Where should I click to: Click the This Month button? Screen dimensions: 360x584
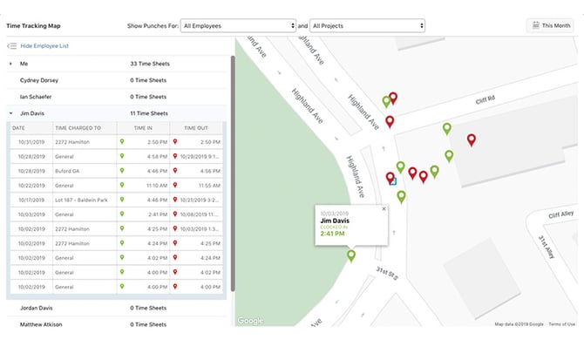pos(550,26)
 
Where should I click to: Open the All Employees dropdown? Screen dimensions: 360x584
pos(240,26)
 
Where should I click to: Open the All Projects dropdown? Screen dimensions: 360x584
pos(368,26)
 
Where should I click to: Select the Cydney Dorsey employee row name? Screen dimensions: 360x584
pos(40,79)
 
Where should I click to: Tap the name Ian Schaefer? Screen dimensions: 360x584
pos(37,96)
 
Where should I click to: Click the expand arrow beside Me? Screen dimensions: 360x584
pos(10,64)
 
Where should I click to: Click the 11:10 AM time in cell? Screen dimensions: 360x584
pos(155,186)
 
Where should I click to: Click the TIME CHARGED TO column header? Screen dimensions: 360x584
pos(85,127)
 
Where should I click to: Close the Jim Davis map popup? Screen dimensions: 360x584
pos(383,209)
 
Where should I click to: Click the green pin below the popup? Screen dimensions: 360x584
pos(351,256)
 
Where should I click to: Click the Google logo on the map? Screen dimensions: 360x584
pos(250,321)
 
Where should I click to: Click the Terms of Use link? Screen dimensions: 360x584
pos(561,324)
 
